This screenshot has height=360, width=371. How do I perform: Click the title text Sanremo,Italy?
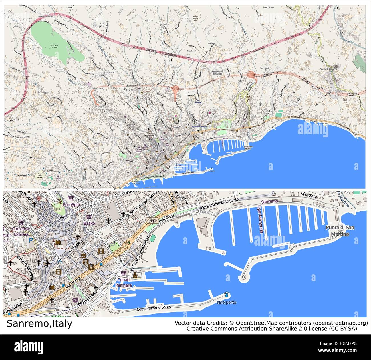pyautogui.click(x=39, y=324)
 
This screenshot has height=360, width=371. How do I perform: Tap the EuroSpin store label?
pyautogui.click(x=71, y=204)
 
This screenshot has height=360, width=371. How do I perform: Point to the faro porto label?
pyautogui.click(x=227, y=302)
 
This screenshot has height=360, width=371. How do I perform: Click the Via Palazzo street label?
pyautogui.click(x=76, y=246)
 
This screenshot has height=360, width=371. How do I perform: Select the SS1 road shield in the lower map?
pyautogui.click(x=153, y=220)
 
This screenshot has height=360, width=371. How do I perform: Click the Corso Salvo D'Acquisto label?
pyautogui.click(x=220, y=205)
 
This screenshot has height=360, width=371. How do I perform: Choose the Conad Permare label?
pyautogui.click(x=124, y=283)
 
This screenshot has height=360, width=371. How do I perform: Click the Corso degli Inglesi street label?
pyautogui.click(x=25, y=268)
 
